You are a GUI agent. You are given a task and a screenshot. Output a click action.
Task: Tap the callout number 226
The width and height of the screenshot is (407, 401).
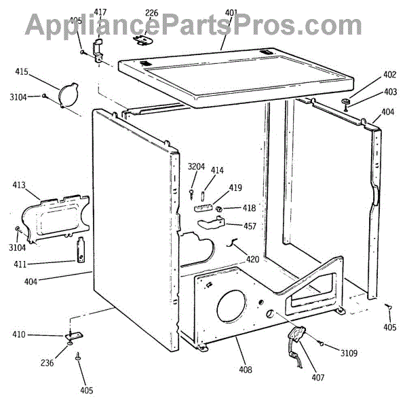[151, 12]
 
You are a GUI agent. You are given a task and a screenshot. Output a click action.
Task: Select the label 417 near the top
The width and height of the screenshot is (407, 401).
[100, 12]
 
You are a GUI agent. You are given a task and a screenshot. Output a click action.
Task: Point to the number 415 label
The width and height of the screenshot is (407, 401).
[21, 71]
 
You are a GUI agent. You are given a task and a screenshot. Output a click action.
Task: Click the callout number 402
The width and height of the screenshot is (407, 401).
[389, 75]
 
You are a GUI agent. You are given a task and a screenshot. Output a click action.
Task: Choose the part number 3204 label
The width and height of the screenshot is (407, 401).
[196, 167]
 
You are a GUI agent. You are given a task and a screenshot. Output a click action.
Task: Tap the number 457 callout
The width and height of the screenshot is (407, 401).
[250, 226]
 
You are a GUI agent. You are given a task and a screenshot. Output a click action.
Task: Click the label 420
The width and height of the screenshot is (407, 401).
[252, 258]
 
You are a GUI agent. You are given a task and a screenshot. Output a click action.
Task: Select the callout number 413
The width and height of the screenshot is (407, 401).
[18, 184]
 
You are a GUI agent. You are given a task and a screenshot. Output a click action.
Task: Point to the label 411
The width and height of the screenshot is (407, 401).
[18, 264]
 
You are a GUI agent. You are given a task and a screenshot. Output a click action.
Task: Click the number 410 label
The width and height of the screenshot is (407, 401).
[18, 334]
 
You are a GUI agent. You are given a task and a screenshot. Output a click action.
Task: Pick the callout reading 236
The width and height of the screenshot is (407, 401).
[46, 363]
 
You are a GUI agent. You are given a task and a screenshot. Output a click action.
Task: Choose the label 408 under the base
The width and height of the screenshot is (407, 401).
[245, 370]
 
